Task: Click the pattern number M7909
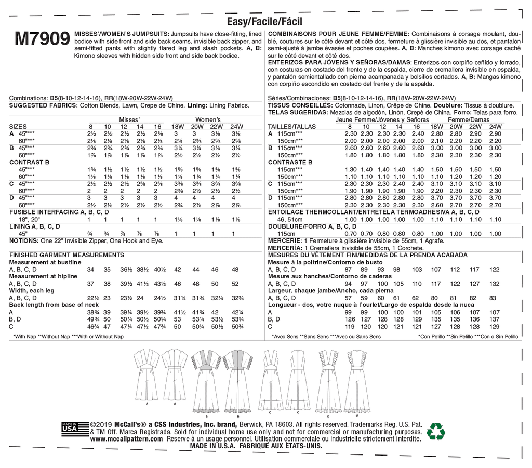42,39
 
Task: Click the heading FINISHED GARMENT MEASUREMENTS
67,256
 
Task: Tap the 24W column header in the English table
236,127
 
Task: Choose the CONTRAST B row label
29,162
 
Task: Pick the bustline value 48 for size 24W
235,270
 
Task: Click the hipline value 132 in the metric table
494,284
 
